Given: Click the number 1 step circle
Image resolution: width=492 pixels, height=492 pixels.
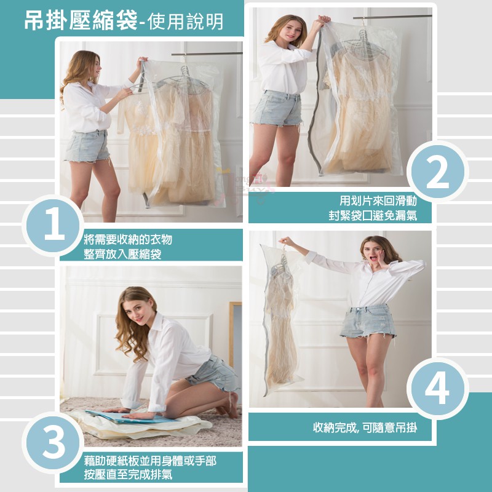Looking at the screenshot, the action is point(54,225).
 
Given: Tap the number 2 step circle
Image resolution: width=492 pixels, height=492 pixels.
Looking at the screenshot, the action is point(437,172).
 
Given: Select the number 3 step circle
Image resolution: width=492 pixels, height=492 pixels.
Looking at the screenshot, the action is point(54,443).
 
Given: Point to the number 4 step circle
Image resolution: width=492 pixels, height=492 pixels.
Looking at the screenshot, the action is point(437,389).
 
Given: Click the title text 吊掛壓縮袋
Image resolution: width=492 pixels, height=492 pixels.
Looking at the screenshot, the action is point(81,21).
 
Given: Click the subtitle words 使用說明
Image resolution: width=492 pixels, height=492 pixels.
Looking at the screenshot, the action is point(185,22).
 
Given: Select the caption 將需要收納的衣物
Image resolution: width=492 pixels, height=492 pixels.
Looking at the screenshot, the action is point(128,240).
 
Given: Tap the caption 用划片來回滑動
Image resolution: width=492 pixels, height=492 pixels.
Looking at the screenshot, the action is point(378,200).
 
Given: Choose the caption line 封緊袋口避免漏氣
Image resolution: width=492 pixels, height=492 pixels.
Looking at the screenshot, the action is point(373,216).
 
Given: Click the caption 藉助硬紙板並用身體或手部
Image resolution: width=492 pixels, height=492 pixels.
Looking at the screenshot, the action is point(150,461).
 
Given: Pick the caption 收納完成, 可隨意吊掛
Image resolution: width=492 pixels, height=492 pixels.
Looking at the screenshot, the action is point(365,427).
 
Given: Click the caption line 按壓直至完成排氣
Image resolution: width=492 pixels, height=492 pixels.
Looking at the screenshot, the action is point(128,474).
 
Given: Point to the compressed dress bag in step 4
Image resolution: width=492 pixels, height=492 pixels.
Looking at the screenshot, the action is point(280,319).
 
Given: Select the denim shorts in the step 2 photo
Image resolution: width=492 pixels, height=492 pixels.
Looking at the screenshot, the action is point(278,108).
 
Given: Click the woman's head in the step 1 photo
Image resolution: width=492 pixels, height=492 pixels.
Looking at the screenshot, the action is point(85,68).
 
